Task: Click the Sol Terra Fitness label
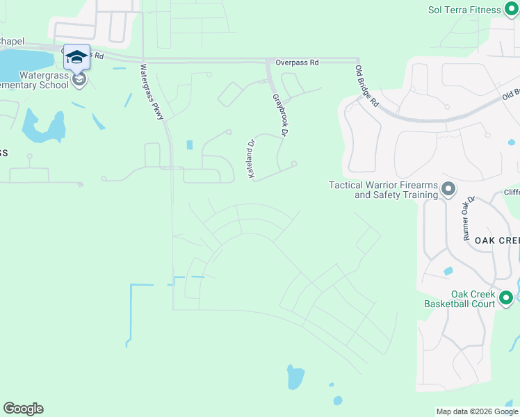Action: click(x=464, y=10)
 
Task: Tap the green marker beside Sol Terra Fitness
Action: click(x=510, y=10)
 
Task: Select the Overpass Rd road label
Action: click(x=297, y=63)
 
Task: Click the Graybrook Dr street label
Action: click(x=280, y=114)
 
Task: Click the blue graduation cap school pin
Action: click(x=76, y=57)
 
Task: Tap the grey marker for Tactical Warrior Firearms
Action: click(x=448, y=188)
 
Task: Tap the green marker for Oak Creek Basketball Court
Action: click(x=506, y=298)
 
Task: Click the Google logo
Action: click(x=23, y=409)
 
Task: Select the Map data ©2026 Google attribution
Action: click(x=476, y=411)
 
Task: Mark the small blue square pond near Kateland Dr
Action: click(x=190, y=145)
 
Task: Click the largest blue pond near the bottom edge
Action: click(x=295, y=377)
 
